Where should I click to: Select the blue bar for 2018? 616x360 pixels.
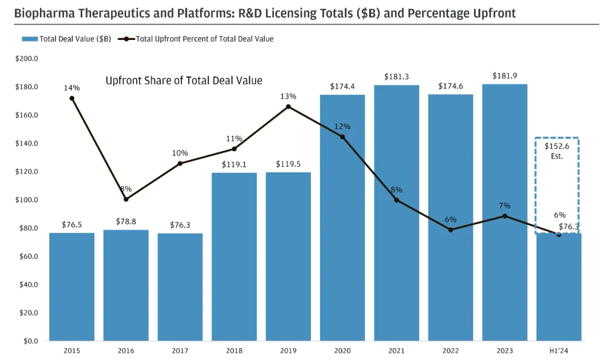[234, 257]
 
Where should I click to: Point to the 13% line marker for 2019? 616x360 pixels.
[288, 107]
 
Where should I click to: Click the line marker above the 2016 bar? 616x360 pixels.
[126, 199]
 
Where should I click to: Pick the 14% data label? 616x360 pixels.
[72, 88]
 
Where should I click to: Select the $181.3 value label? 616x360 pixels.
[396, 76]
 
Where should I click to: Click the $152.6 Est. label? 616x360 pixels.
[557, 151]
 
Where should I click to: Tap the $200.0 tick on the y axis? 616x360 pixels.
[27, 59]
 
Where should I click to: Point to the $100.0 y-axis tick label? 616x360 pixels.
[27, 200]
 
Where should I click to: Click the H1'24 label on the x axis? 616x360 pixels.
[558, 350]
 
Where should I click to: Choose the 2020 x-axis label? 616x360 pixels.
[342, 350]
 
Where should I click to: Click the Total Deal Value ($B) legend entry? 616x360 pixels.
[67, 39]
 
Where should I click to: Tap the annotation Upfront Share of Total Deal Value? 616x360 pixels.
[184, 80]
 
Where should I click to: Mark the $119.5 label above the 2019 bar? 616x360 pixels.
[288, 164]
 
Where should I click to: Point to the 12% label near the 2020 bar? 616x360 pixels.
[342, 127]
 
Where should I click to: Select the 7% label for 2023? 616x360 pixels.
[504, 205]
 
